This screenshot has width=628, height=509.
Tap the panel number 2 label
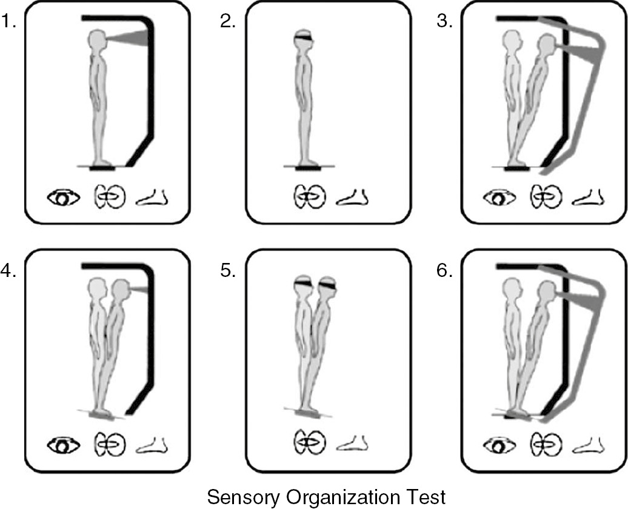(228, 23)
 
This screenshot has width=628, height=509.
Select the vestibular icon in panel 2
(310, 197)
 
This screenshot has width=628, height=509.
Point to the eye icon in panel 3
(499, 198)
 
